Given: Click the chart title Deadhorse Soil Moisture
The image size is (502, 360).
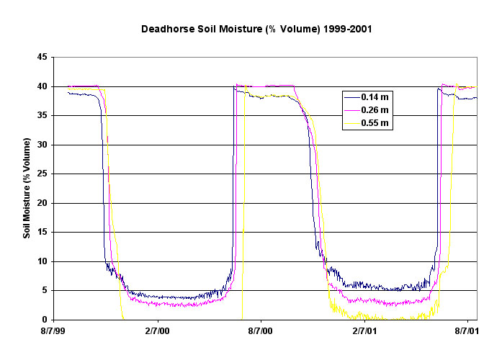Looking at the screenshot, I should [x=251, y=31].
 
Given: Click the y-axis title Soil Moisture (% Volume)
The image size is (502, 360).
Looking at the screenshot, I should [x=27, y=189].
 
